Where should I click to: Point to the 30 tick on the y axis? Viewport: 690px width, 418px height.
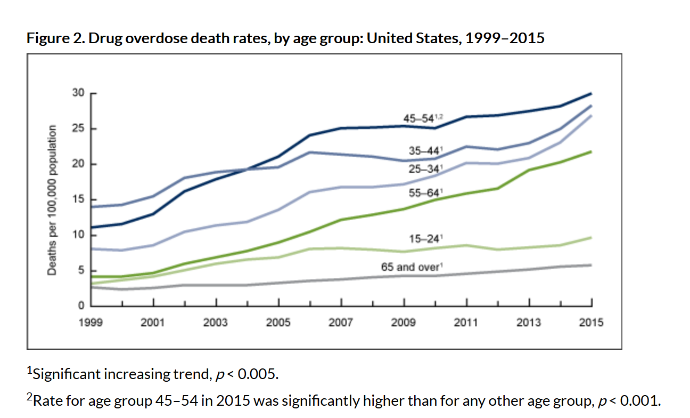pyautogui.click(x=78, y=93)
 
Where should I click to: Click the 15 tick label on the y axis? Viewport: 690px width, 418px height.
pyautogui.click(x=78, y=199)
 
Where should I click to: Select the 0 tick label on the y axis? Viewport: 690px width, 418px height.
pyautogui.click(x=81, y=306)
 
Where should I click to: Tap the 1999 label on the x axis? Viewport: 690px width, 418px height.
pyautogui.click(x=91, y=323)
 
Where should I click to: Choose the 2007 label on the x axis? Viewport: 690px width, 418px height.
pyautogui.click(x=341, y=323)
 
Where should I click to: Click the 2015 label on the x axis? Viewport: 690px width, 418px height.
pyautogui.click(x=592, y=323)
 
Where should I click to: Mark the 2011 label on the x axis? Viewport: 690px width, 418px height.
pyautogui.click(x=466, y=323)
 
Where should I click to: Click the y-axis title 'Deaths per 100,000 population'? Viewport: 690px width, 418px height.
pyautogui.click(x=52, y=200)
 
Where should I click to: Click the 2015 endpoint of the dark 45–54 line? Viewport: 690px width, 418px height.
pyautogui.click(x=592, y=93)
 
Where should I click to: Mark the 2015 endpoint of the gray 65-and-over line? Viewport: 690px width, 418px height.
pyautogui.click(x=592, y=265)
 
